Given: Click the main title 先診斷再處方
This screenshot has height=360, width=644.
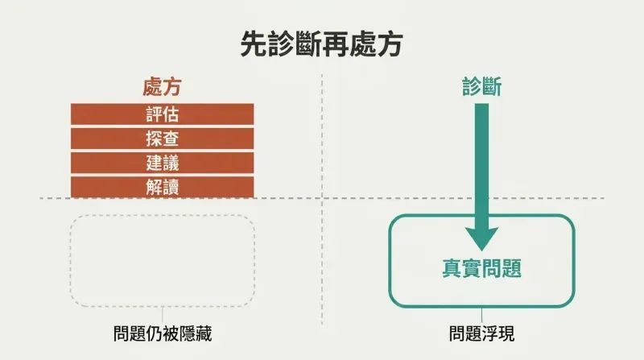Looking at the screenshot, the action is [321, 43].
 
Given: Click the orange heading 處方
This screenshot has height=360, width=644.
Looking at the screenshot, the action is [163, 87].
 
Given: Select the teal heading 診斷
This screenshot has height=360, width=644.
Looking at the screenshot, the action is [481, 87].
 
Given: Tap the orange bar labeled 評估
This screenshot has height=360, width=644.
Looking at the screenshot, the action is [163, 114].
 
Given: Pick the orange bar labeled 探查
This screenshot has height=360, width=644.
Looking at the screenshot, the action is [163, 139].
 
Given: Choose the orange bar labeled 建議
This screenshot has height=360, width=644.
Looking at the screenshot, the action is [163, 163].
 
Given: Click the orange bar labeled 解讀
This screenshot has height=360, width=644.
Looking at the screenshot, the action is [163, 187].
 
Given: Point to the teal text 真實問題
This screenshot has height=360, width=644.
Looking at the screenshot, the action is [481, 268].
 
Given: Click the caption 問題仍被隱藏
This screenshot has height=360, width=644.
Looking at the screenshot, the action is [163, 333].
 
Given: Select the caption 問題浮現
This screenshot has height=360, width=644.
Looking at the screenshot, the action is [481, 333].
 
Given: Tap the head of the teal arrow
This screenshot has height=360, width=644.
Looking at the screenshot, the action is [481, 238].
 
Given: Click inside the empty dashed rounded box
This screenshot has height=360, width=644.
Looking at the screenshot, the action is [163, 261].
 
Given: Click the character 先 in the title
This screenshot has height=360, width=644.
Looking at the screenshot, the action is [254, 43].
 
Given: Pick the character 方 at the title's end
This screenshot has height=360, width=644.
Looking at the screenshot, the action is [390, 43].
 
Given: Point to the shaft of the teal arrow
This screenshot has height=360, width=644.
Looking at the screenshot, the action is [481, 165].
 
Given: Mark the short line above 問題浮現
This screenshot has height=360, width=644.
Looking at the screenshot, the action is [481, 315].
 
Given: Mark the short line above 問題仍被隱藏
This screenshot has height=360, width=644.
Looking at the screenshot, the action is [163, 314].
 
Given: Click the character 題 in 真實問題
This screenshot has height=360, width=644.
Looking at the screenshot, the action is [512, 268].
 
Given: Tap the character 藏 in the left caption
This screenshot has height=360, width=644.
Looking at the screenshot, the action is [204, 333].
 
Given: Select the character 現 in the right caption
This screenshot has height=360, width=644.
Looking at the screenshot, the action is [506, 333].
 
